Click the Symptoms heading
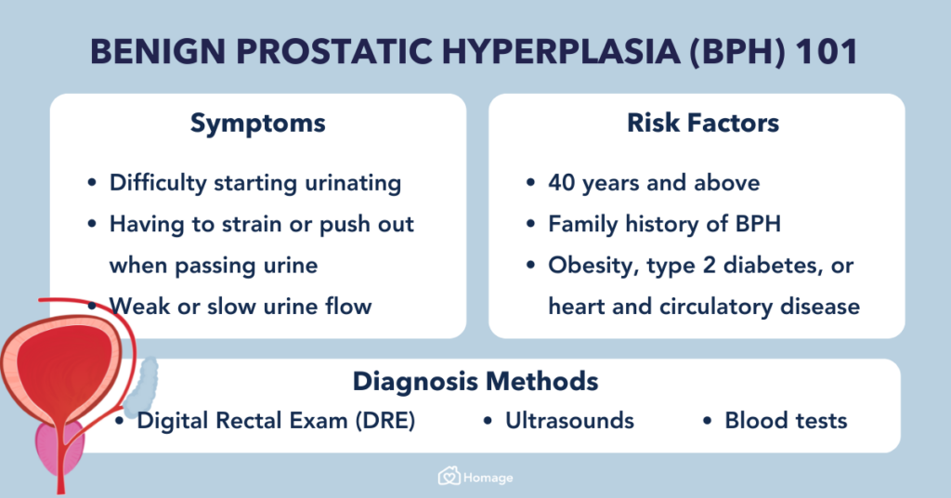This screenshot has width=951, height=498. coord(257,124)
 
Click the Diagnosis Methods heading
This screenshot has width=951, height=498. coord(475,381)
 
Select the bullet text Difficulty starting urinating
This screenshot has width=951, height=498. coord(254,183)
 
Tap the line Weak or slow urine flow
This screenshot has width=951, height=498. coord(240,306)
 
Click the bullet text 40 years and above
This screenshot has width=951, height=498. coord(653,183)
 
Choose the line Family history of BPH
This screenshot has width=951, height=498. coord(663,224)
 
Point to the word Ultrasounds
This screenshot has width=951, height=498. coord(569,421)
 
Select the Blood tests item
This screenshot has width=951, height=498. coord(786,421)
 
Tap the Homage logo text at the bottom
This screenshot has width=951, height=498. coord(487,478)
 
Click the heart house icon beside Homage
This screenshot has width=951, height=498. coord(449,478)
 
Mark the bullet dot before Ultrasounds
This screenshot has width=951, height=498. coord(489,422)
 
